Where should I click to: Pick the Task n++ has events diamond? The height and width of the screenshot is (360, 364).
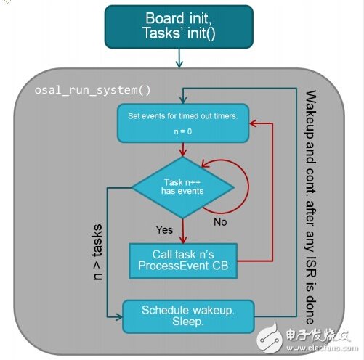click(x=182, y=187)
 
